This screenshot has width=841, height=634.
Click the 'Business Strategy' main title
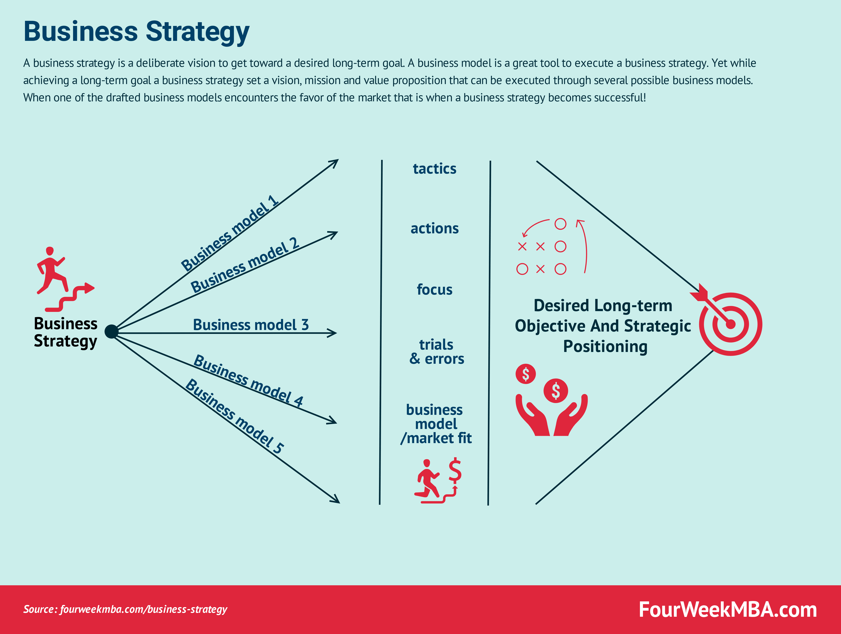pos(136,32)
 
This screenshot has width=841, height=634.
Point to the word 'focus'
pos(435,290)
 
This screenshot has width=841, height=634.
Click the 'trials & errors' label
pos(436,352)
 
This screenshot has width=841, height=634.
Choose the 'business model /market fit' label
pos(436,424)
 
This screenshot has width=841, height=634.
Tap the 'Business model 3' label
pos(251,325)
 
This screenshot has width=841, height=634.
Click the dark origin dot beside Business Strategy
pos(111,332)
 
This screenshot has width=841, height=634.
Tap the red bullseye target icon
pos(730,324)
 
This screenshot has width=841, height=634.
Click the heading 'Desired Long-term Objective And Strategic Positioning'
pos(603,326)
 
